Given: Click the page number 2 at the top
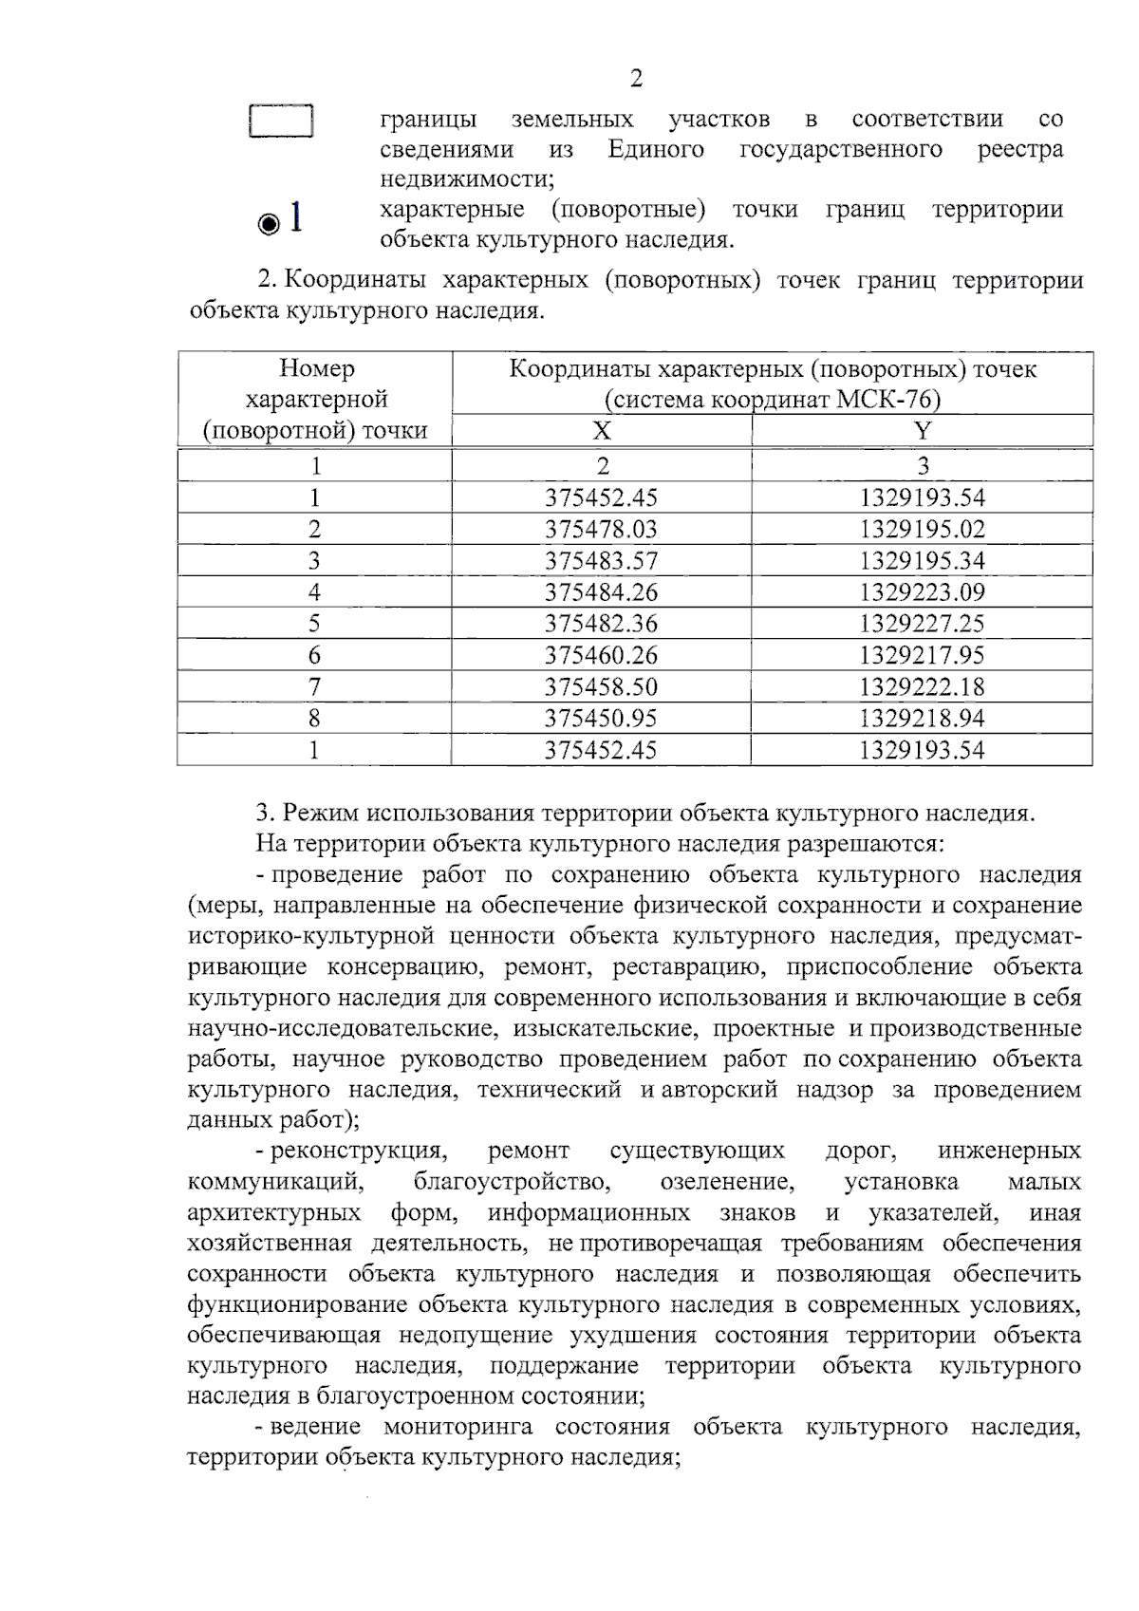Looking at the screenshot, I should point(636,79).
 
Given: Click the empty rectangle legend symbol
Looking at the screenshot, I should point(281,122).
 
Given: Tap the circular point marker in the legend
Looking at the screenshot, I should point(269,224).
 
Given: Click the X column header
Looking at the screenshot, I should point(601,431).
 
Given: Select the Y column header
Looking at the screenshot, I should point(922,431).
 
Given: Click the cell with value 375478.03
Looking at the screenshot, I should point(601,529).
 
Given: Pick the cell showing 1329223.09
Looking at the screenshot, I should point(922,592).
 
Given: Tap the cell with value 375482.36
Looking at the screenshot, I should point(601,624).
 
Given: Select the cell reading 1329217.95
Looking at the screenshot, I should point(922,655).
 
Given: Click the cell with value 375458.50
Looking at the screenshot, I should point(601,686).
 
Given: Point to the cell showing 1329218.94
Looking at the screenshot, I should point(922,718).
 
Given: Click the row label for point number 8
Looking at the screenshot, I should point(314,718).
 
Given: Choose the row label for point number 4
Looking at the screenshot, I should point(314,592).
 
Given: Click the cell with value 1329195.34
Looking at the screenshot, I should point(922,560).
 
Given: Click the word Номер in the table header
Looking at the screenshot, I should point(316,368).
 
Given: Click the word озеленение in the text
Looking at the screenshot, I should point(725,1182).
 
